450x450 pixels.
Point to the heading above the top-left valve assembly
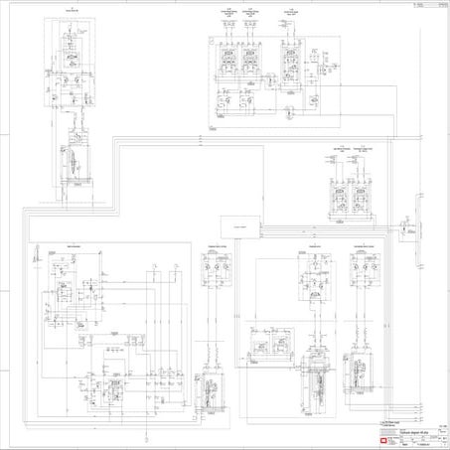point(71,13)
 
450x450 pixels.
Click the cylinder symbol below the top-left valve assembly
point(73,159)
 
